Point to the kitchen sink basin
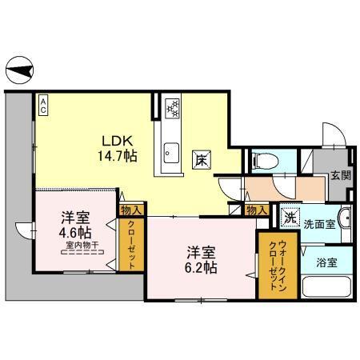170,150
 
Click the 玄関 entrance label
340,175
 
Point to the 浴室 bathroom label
325,262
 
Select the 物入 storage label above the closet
131,210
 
